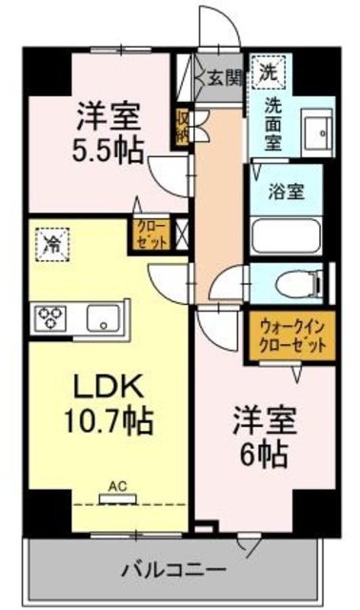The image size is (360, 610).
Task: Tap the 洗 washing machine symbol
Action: pyautogui.click(x=270, y=71)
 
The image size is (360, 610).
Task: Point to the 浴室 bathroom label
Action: pyautogui.click(x=290, y=189)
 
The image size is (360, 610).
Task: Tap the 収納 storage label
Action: pyautogui.click(x=182, y=127)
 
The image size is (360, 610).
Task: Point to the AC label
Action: pyautogui.click(x=117, y=486)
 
